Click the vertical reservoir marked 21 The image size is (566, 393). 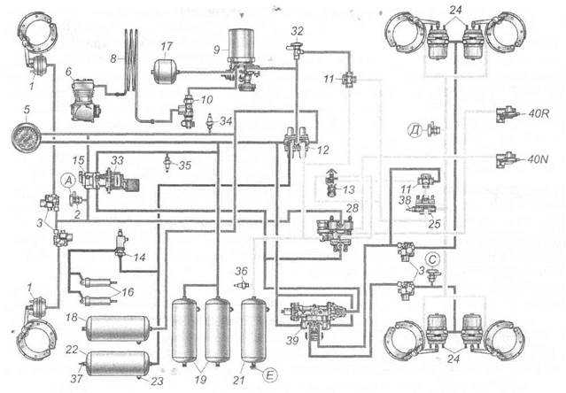[255, 330]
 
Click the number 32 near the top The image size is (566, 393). [297, 31]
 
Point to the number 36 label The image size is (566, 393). [242, 272]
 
